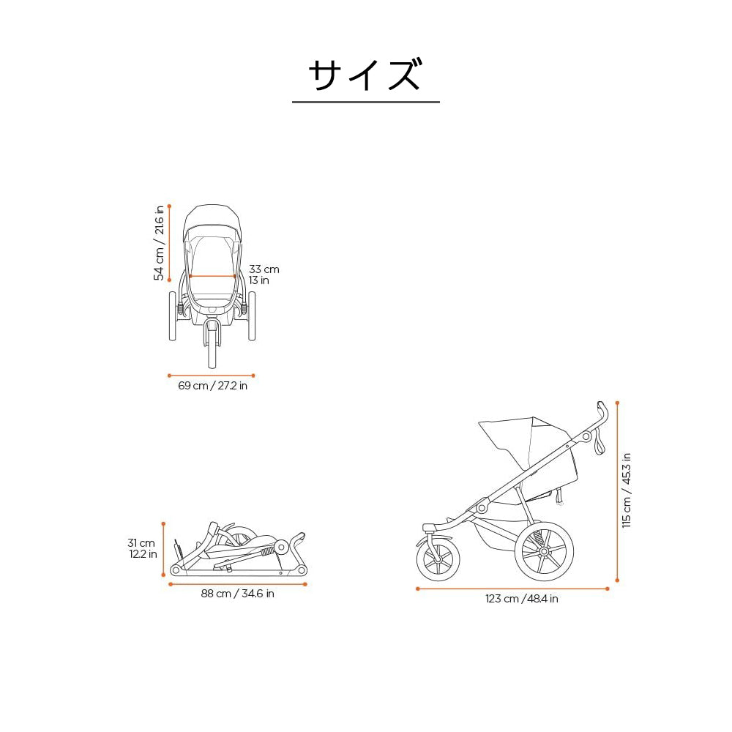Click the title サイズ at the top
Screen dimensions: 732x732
[365, 75]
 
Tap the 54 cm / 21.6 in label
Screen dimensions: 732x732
[158, 243]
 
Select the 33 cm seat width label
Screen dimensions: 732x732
[264, 274]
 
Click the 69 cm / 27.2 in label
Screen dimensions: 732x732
[212, 386]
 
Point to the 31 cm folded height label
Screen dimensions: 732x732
[142, 548]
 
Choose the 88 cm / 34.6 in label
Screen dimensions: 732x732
[237, 594]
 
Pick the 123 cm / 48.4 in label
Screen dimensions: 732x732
[521, 599]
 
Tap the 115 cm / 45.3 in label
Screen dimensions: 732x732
[626, 490]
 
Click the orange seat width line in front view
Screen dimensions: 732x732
[212, 276]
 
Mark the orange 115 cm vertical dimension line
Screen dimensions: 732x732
[617, 490]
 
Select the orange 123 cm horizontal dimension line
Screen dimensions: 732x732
[512, 588]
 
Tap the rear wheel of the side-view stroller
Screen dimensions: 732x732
[544, 551]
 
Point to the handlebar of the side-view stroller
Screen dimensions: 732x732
[602, 414]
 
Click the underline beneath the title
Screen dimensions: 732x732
[365, 102]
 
